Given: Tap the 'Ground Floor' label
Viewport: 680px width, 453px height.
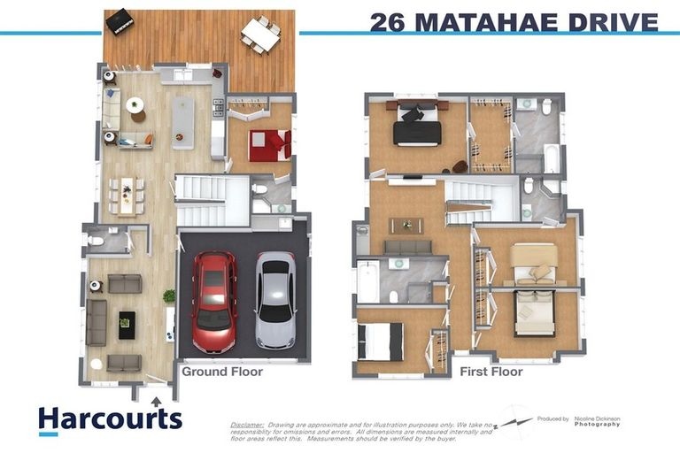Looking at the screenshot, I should [222, 372].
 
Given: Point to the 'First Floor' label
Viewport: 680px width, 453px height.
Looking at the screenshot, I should [491, 372].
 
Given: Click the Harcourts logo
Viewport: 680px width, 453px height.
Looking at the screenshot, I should [110, 418].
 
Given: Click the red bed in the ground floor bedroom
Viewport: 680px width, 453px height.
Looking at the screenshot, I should [267, 145].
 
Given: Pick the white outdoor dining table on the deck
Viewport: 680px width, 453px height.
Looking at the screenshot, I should [260, 35].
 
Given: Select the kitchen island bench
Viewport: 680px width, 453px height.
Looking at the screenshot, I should [183, 122].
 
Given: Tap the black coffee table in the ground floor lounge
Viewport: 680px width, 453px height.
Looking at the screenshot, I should [126, 323].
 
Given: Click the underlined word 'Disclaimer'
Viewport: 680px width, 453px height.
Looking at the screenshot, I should [247, 424].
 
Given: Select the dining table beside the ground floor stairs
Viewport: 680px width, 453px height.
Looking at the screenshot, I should [127, 194].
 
